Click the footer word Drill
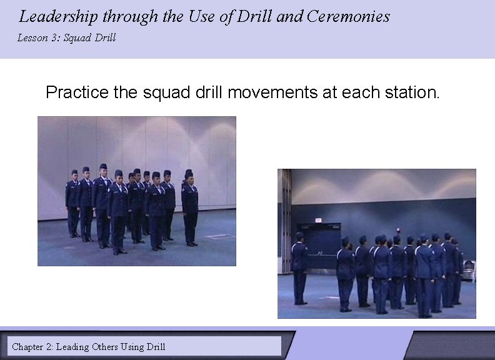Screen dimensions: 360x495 156,346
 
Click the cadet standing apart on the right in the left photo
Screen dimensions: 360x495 189,206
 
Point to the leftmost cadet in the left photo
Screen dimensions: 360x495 72,203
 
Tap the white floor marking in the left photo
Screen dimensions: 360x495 219,236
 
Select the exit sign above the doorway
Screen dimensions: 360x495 318,221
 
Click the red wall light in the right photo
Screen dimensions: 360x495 397,229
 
